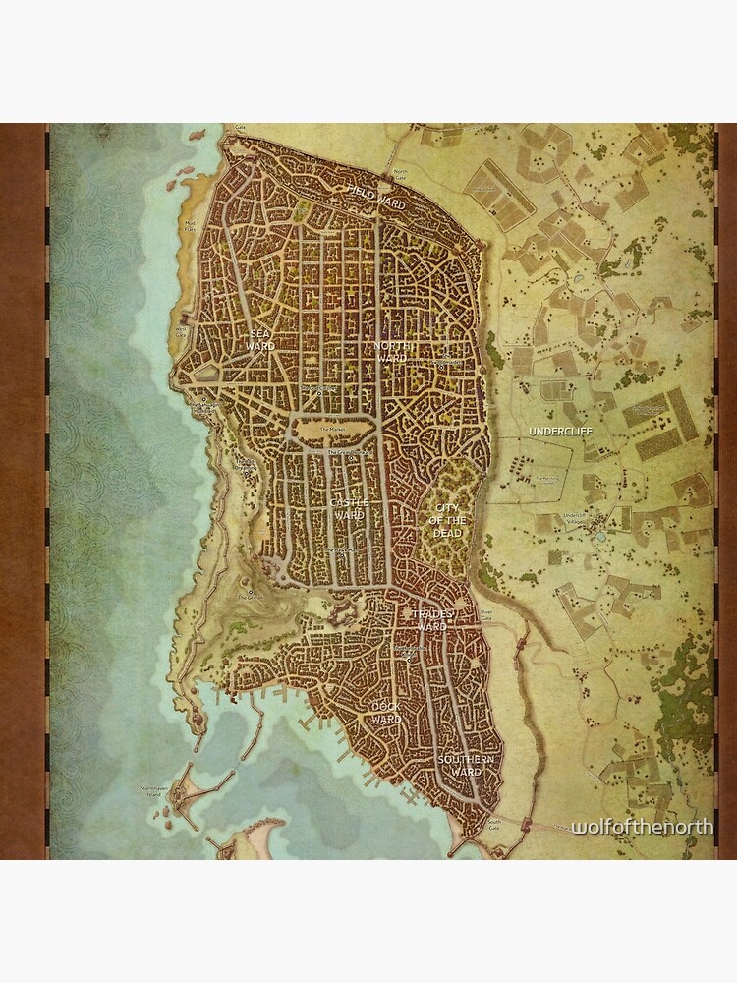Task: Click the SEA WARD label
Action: pyautogui.click(x=259, y=340)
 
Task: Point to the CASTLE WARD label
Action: pyautogui.click(x=349, y=508)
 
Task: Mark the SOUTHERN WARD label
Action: pyautogui.click(x=466, y=766)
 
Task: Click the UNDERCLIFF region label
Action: pyautogui.click(x=555, y=431)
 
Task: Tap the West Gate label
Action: pyautogui.click(x=181, y=330)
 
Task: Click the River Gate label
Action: pyautogui.click(x=485, y=613)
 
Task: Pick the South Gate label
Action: pyautogui.click(x=494, y=824)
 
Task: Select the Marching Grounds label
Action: pyautogui.click(x=546, y=480)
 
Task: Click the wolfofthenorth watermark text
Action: pyautogui.click(x=643, y=828)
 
